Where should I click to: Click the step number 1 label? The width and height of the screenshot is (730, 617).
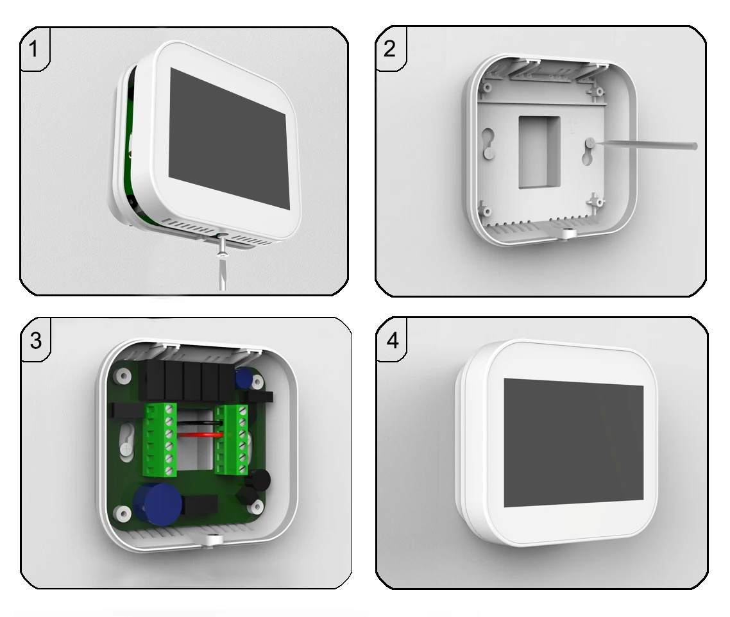[33, 49]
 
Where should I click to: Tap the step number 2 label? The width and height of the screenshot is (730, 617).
[389, 49]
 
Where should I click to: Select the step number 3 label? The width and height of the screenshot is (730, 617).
[36, 341]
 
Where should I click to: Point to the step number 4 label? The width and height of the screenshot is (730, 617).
[393, 341]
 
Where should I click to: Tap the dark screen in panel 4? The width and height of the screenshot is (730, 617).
[573, 443]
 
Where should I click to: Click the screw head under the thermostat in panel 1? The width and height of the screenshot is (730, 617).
[223, 253]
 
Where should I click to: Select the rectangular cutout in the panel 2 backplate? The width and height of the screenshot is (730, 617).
[539, 152]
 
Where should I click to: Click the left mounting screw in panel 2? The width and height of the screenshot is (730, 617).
[487, 152]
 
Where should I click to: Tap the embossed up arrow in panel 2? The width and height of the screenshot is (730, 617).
[572, 125]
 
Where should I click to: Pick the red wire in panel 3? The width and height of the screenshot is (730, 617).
[199, 434]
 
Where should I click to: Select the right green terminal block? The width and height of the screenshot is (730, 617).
[232, 439]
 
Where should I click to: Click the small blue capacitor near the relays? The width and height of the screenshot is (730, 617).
[243, 379]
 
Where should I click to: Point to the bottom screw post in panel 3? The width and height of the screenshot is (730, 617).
[213, 539]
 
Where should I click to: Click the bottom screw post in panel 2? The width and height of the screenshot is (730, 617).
[566, 233]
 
